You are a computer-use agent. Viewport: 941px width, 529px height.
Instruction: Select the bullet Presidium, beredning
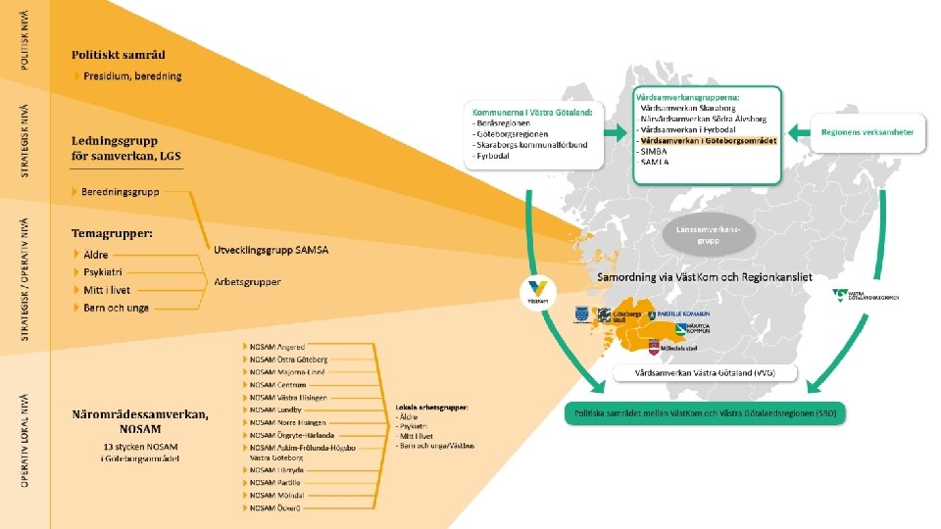[x=131, y=75]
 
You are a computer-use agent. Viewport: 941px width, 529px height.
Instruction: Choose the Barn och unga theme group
[x=117, y=308]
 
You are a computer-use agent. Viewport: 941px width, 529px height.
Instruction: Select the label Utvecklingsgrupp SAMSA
[x=272, y=250]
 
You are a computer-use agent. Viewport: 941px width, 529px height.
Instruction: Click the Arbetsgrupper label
[x=247, y=282]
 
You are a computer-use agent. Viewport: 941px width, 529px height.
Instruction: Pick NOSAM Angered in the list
[x=276, y=347]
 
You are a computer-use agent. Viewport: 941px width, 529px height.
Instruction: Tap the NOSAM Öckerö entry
[x=274, y=508]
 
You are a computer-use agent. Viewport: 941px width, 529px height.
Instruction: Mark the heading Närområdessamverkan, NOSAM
[x=139, y=421]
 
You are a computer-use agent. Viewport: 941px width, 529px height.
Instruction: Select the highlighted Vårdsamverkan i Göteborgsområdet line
[x=708, y=140]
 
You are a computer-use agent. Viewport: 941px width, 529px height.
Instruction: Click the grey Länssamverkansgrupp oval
[x=702, y=234]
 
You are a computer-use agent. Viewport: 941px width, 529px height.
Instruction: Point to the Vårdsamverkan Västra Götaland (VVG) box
[x=706, y=373]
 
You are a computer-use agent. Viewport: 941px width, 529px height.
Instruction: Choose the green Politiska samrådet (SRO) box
[x=704, y=412]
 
